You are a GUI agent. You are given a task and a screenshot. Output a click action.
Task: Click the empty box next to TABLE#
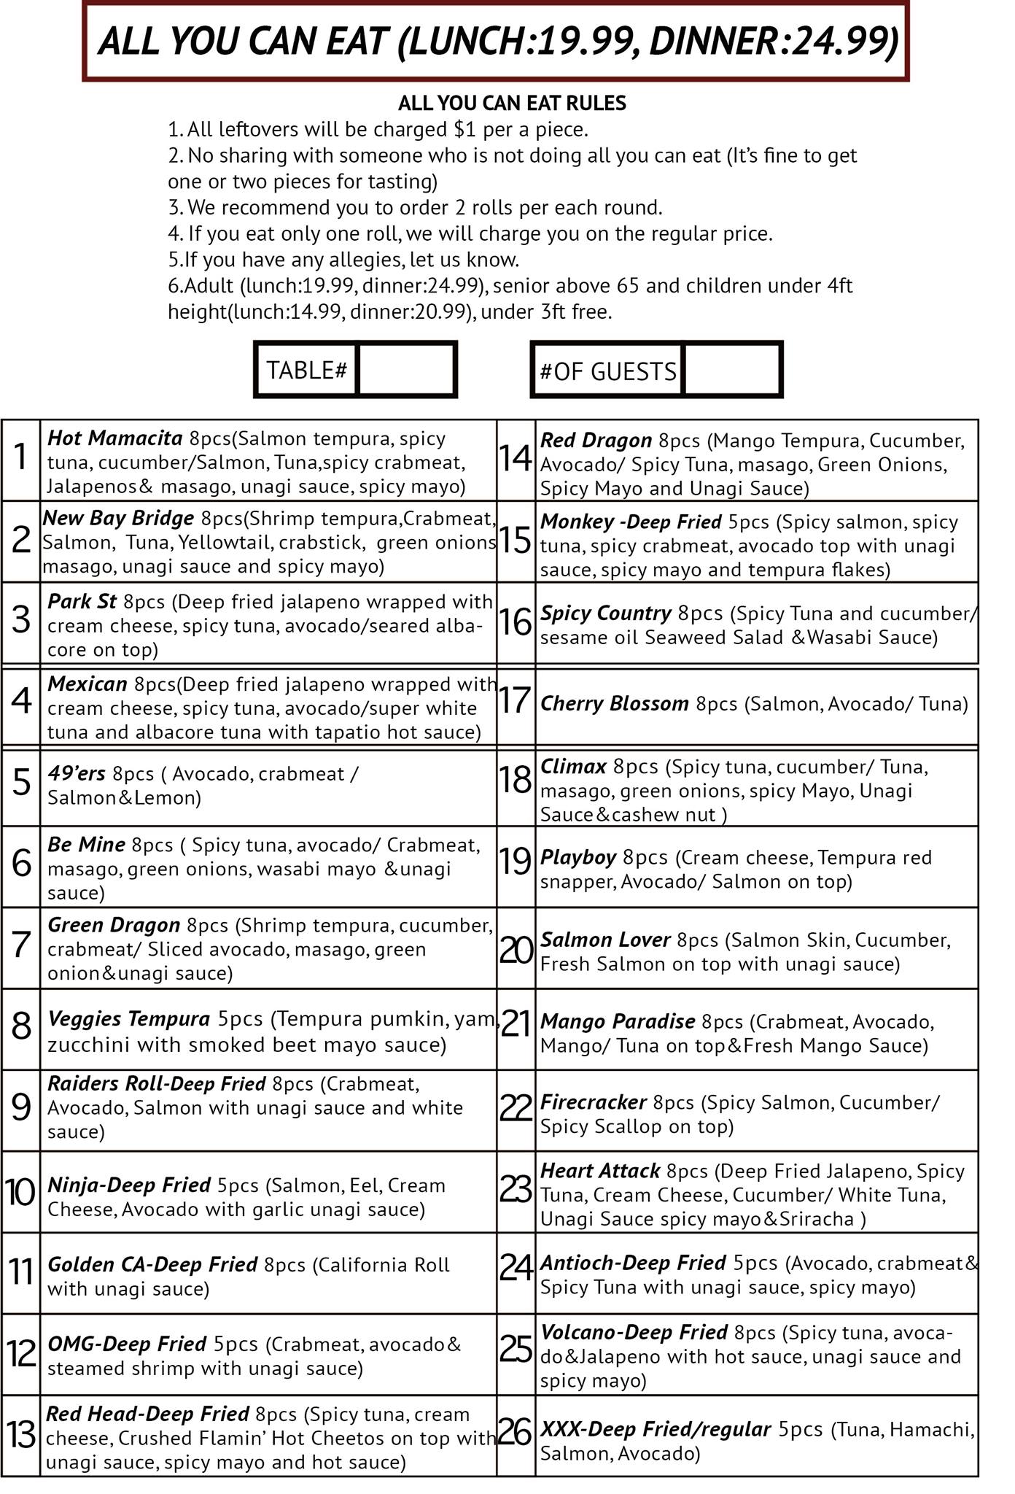tap(407, 370)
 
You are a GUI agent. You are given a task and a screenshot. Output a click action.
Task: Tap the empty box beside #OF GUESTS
tap(731, 370)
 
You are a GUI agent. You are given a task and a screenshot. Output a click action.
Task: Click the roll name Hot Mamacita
tap(114, 438)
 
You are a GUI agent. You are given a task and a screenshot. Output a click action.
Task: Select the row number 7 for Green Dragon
tap(21, 945)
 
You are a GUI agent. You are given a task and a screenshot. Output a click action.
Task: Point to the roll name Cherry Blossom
tap(614, 703)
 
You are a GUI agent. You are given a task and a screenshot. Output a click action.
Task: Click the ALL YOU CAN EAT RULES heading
tap(512, 103)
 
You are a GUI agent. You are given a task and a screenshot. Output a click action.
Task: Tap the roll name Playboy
tap(577, 857)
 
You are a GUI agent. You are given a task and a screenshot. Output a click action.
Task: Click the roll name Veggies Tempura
tap(128, 1018)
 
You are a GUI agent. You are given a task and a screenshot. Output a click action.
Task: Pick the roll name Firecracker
tap(593, 1102)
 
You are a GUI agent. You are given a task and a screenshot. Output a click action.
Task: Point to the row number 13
tap(20, 1436)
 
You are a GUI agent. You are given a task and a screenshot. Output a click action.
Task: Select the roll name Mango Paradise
tap(617, 1021)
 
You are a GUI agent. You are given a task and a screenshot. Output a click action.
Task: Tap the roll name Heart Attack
tap(599, 1171)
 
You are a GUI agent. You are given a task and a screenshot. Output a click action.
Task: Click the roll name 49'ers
tap(76, 773)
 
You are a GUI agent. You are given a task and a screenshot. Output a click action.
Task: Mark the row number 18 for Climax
tap(516, 781)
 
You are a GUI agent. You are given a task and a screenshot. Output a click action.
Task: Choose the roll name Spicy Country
tap(605, 613)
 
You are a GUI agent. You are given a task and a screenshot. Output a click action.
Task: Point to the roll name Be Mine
tap(86, 845)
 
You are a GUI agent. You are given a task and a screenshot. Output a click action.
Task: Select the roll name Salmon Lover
tap(604, 940)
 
